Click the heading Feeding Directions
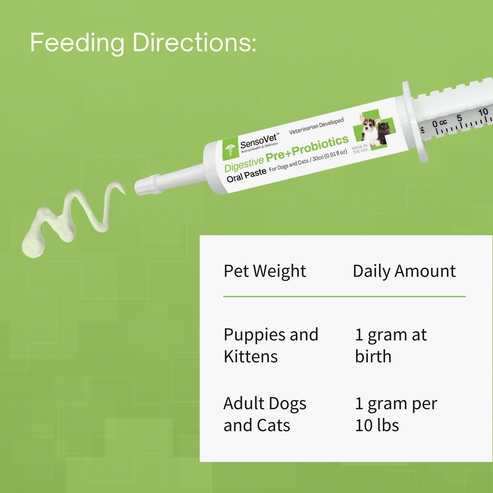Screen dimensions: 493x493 coord(143,43)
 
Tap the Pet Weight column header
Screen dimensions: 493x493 coord(265,272)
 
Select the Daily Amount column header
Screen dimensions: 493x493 coord(404,272)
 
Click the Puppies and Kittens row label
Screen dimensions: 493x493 coord(271,345)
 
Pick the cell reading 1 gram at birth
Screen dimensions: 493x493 coord(391,345)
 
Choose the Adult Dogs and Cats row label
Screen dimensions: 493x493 coord(265,414)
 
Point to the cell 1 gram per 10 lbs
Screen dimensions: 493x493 coord(396,414)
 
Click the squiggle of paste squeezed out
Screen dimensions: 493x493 coord(68,218)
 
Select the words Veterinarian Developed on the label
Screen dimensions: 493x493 coord(316,126)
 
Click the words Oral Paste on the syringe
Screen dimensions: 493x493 coord(246,175)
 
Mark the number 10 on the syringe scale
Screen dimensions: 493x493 coord(483,112)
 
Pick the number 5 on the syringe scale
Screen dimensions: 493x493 coord(459,118)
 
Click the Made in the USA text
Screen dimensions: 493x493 coord(360,149)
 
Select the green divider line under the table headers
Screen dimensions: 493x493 coord(344,296)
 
